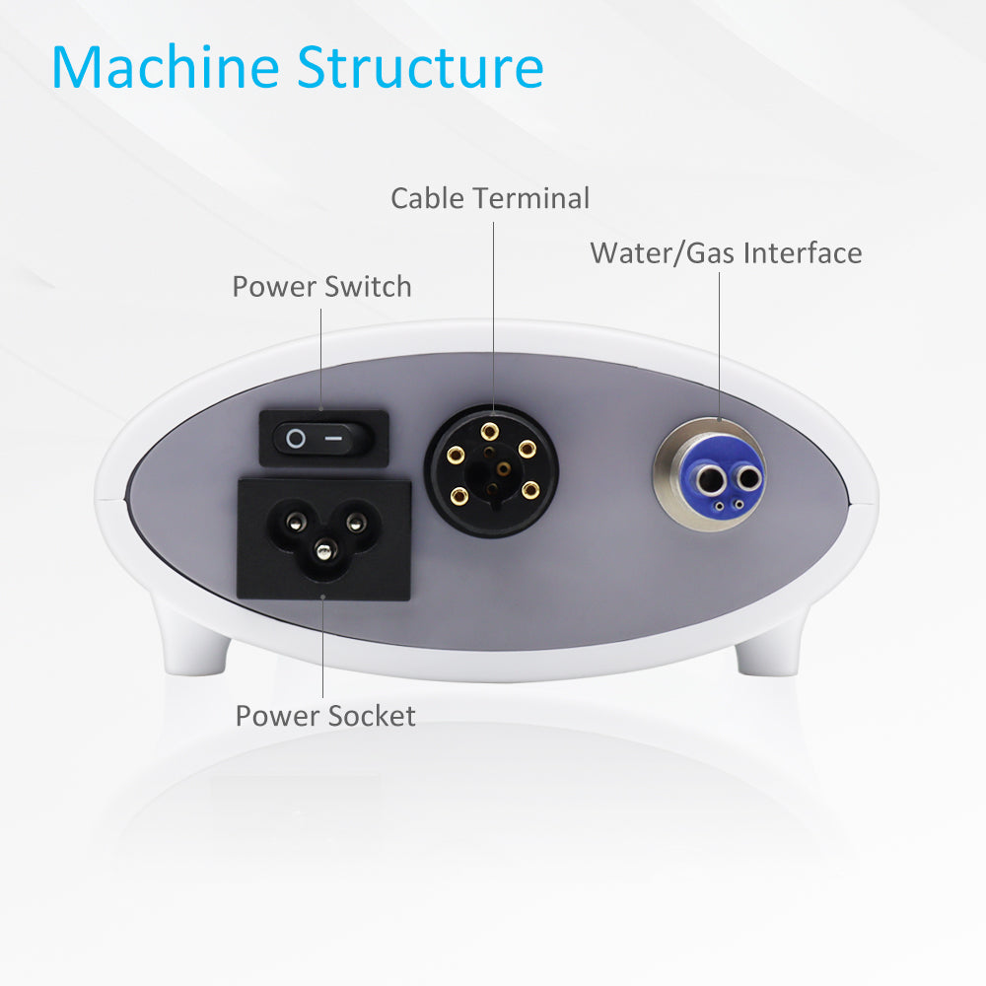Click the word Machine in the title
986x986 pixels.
(166, 67)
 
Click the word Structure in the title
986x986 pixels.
(420, 67)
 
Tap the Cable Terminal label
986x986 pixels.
(490, 198)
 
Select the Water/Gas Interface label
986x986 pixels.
(726, 253)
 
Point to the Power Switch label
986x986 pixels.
(322, 287)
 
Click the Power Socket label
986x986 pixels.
(325, 716)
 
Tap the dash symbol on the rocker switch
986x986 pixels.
(334, 438)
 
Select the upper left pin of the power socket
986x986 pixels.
(296, 522)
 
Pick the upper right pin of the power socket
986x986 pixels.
(356, 522)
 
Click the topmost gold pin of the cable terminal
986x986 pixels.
(490, 432)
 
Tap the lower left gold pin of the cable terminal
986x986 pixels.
(459, 496)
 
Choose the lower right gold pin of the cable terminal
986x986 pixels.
(530, 490)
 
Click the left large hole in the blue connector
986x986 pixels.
(709, 481)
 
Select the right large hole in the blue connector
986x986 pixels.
(748, 479)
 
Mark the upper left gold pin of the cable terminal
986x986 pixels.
(456, 454)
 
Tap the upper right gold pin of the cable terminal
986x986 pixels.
(527, 449)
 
